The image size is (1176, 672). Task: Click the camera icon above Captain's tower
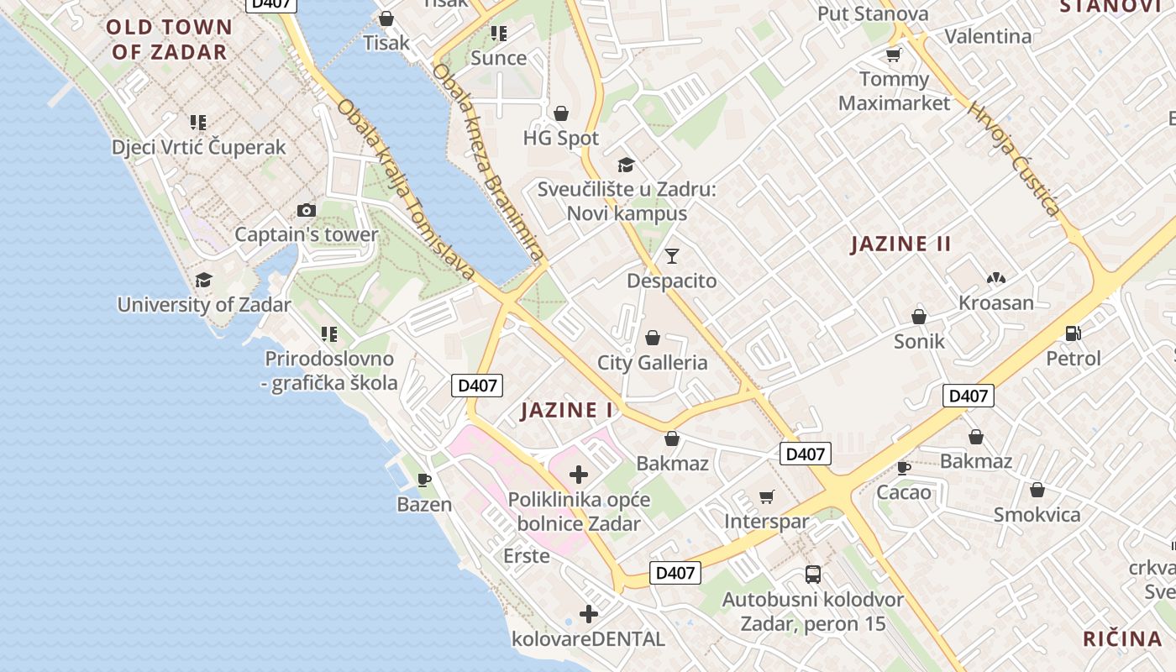(x=307, y=210)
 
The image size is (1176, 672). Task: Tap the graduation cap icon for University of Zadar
(x=203, y=280)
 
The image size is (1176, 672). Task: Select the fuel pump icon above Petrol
(x=1073, y=333)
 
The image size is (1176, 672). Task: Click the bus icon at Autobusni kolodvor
(x=812, y=575)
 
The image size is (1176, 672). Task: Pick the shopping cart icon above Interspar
(x=766, y=496)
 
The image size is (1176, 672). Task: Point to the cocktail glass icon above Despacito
(x=671, y=256)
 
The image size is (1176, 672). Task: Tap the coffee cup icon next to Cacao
(x=904, y=468)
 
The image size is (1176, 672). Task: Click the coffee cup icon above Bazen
(x=424, y=480)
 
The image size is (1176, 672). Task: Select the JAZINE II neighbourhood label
(x=900, y=244)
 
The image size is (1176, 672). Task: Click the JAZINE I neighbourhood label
(x=567, y=411)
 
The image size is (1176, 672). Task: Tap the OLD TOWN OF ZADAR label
(x=169, y=39)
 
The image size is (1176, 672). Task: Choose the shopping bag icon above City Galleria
(x=653, y=339)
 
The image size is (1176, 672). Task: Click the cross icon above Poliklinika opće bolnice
(x=579, y=475)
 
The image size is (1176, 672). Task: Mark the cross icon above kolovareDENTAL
(x=589, y=614)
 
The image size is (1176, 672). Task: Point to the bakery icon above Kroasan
(x=996, y=278)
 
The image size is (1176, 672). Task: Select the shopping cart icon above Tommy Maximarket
(x=893, y=55)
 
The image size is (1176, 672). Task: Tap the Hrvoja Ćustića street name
(x=1014, y=160)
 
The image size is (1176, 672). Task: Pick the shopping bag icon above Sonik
(x=919, y=317)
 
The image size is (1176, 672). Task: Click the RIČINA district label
(x=1122, y=638)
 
